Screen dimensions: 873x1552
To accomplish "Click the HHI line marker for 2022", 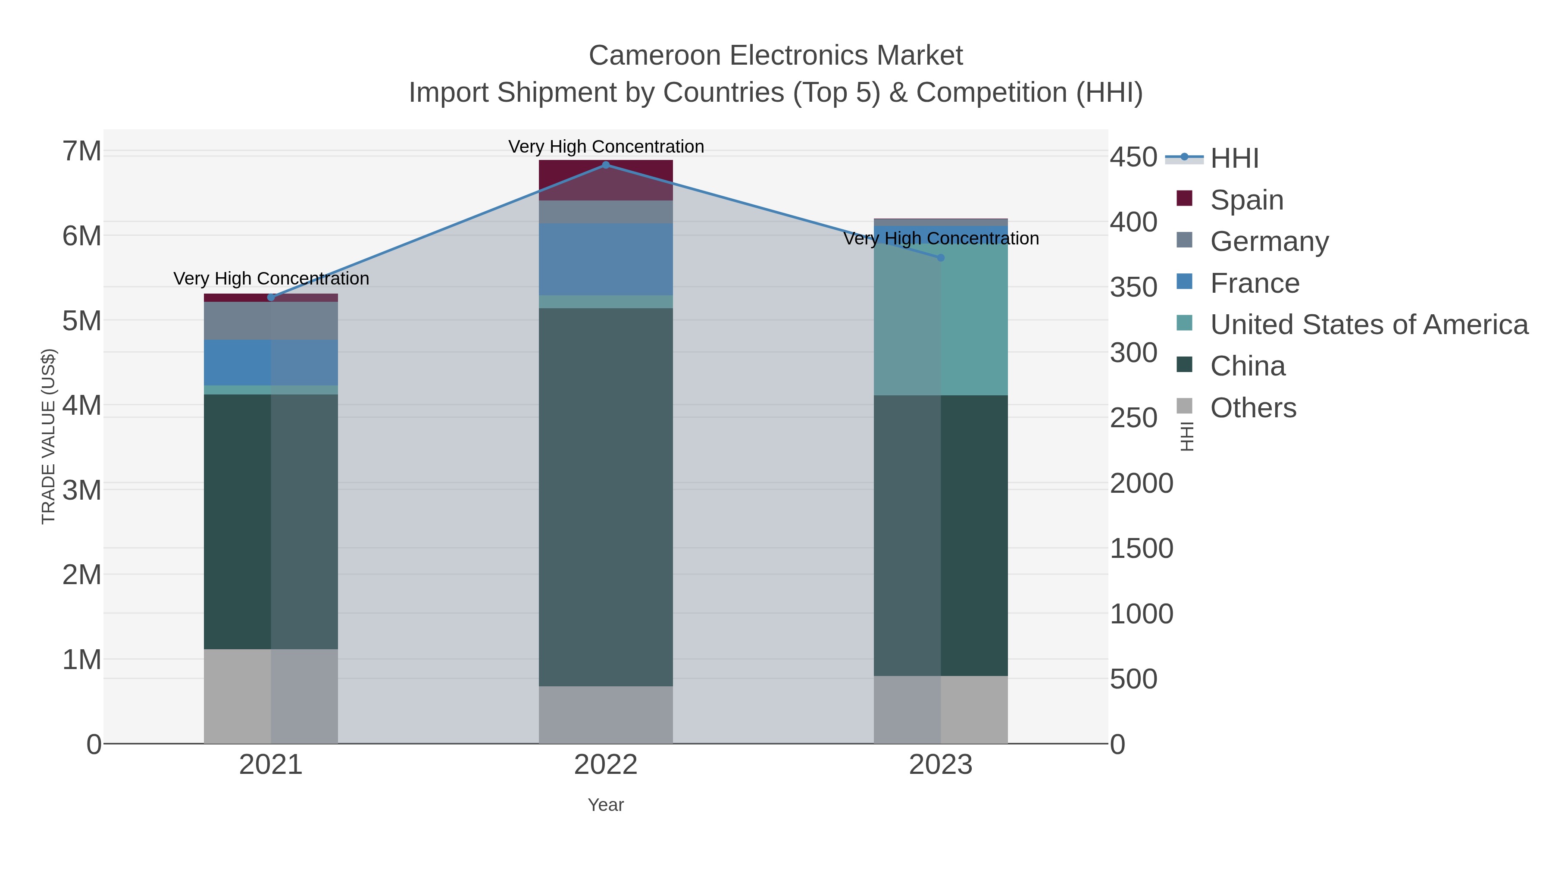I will (606, 165).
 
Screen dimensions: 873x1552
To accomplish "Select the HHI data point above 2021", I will (271, 297).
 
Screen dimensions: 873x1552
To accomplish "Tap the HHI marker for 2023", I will (941, 258).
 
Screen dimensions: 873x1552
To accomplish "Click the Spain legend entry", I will (1246, 200).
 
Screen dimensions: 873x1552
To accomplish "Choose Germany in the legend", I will (1269, 241).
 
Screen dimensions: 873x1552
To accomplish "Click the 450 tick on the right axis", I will (1133, 157).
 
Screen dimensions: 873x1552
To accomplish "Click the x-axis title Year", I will (606, 805).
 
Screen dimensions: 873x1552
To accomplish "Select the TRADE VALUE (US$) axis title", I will (49, 436).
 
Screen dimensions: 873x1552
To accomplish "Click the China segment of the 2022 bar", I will (606, 497).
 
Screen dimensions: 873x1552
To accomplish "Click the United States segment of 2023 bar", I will (941, 319).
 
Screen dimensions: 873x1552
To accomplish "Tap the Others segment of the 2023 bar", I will (941, 709).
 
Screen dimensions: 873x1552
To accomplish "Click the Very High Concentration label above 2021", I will (271, 278).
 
